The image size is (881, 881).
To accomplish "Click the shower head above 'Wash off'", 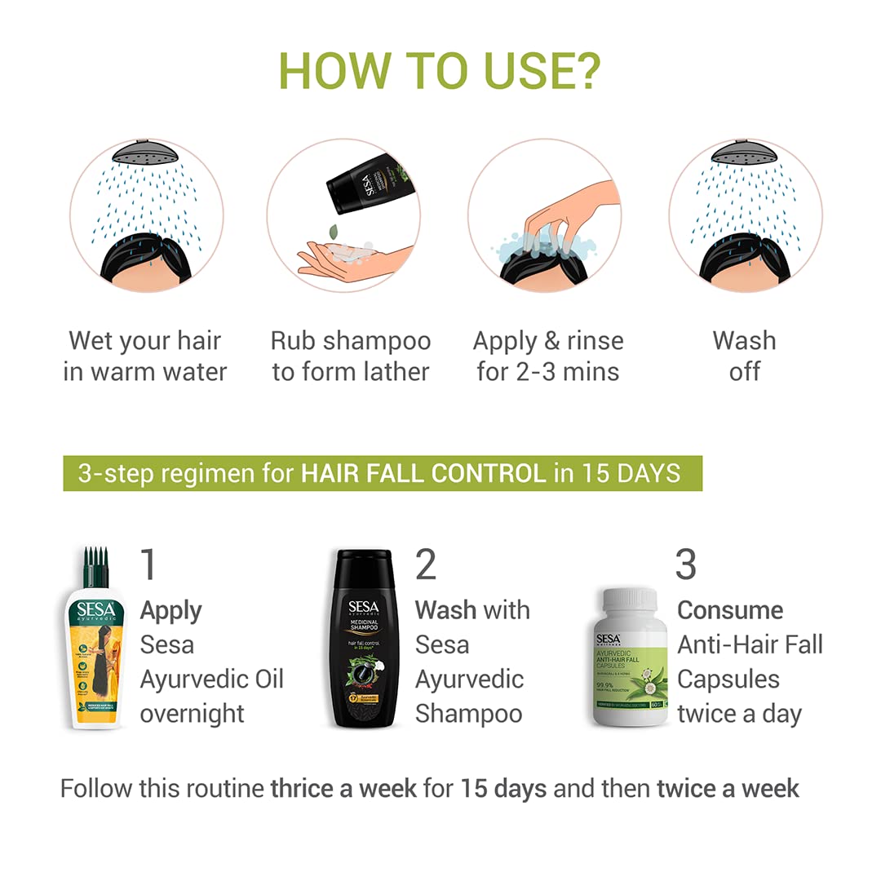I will pyautogui.click(x=745, y=152).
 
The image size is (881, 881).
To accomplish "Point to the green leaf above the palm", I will pyautogui.click(x=334, y=232).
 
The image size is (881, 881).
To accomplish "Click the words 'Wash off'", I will pyautogui.click(x=744, y=356).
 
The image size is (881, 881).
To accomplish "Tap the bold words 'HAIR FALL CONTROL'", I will pyautogui.click(x=423, y=473).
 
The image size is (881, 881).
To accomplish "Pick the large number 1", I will pyautogui.click(x=148, y=564).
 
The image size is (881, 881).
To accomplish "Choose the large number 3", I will pyautogui.click(x=686, y=564).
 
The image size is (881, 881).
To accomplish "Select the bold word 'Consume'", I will pyautogui.click(x=730, y=610).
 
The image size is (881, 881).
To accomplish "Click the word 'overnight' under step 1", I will pyautogui.click(x=192, y=713).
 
